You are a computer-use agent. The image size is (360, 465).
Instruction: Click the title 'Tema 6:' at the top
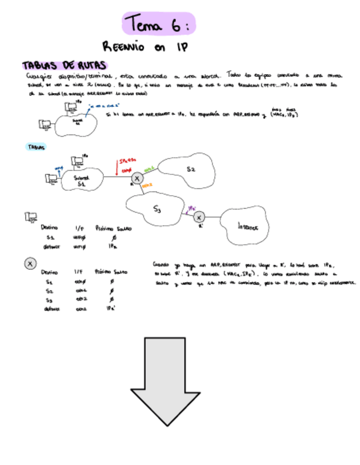coord(158,25)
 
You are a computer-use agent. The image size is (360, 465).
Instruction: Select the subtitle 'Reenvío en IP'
coord(145,47)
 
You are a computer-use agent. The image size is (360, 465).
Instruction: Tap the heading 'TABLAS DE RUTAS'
coord(64,66)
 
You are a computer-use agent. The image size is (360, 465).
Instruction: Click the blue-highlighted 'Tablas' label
coord(36,147)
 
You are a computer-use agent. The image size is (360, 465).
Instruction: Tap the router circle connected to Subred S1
coord(137,178)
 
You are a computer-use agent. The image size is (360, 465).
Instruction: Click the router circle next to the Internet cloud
coord(199,218)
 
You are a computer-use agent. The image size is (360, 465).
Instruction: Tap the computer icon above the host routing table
coord(31,218)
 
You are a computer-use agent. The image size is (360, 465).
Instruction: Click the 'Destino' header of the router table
coord(50,271)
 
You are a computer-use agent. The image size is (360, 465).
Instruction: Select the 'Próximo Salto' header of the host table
coord(113,228)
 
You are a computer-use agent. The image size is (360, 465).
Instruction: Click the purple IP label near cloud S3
coord(192,208)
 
